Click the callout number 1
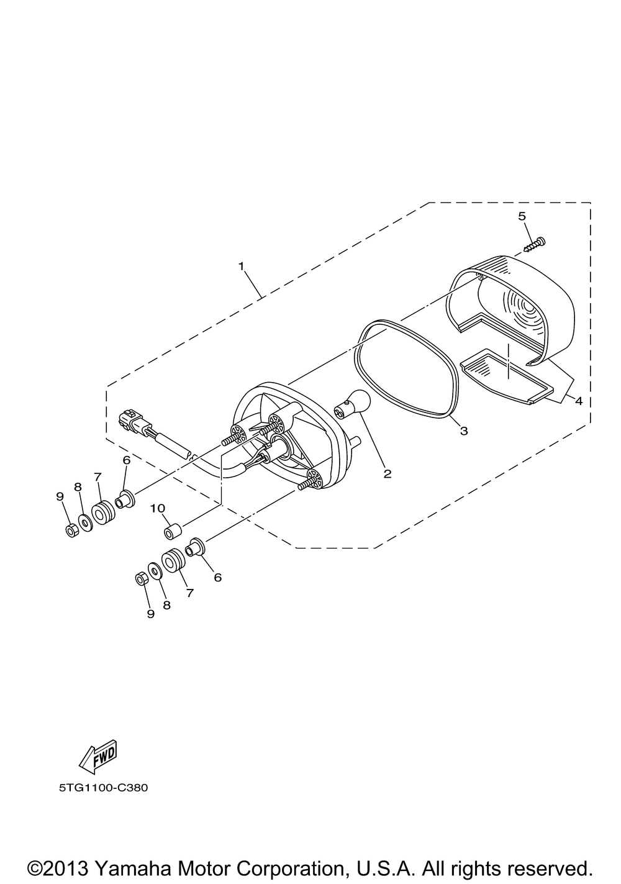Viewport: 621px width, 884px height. (x=241, y=266)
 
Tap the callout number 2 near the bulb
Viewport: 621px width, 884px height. (x=388, y=474)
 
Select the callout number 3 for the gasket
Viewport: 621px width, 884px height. (x=464, y=431)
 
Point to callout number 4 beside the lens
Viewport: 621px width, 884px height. (x=578, y=401)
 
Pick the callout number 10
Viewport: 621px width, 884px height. (x=157, y=508)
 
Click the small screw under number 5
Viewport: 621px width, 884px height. (x=535, y=244)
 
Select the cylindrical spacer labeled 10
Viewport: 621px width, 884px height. (x=173, y=531)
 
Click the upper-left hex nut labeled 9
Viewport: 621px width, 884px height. (x=71, y=531)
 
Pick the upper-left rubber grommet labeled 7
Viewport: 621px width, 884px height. (x=104, y=513)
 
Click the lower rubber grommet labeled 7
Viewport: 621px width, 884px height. (x=173, y=560)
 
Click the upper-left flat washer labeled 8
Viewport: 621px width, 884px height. (x=85, y=522)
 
